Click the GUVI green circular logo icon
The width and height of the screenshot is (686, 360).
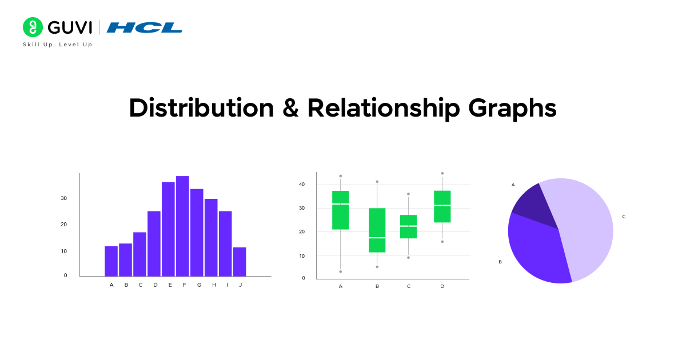(33, 27)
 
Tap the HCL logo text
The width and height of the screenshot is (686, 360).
(145, 27)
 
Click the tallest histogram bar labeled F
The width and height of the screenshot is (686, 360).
(182, 226)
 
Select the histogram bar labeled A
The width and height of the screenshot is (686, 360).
(111, 261)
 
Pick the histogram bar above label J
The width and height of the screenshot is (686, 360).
(240, 262)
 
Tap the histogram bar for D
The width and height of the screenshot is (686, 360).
(154, 243)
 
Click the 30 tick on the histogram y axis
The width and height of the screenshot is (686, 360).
(63, 198)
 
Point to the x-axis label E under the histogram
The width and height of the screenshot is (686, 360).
(170, 285)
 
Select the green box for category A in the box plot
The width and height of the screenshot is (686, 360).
(341, 210)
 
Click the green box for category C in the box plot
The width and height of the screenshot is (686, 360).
(408, 226)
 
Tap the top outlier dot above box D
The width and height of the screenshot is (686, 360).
(442, 173)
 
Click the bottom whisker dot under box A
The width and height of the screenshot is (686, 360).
(341, 271)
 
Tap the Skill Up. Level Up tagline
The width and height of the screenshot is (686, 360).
(57, 45)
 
